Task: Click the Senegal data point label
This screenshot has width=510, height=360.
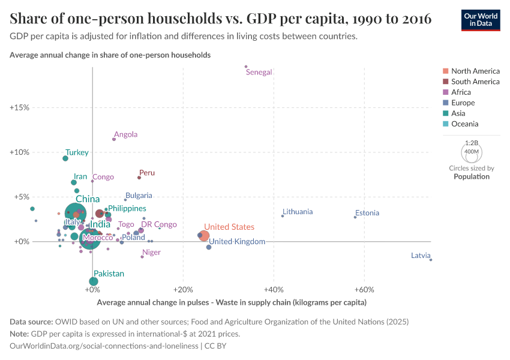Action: pyautogui.click(x=259, y=73)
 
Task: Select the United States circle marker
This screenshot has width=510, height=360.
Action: pyautogui.click(x=204, y=236)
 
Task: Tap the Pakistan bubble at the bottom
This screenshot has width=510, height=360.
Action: pyautogui.click(x=94, y=281)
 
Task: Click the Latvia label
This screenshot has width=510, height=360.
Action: pyautogui.click(x=421, y=256)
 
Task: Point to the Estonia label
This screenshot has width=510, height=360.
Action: pyautogui.click(x=367, y=213)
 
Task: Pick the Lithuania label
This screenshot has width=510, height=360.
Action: pyautogui.click(x=297, y=212)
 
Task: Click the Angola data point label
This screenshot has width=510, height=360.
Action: pyautogui.click(x=125, y=135)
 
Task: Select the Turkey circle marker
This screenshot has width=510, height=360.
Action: pyautogui.click(x=65, y=158)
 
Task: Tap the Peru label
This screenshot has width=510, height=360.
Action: pyautogui.click(x=147, y=173)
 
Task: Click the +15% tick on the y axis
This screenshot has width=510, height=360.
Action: pyautogui.click(x=19, y=108)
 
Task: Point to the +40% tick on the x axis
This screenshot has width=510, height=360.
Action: pyautogui.click(x=274, y=289)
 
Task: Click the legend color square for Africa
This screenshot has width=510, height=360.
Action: pyautogui.click(x=445, y=92)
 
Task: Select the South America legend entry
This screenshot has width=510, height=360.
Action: pyautogui.click(x=475, y=82)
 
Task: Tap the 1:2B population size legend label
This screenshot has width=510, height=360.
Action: pyautogui.click(x=472, y=143)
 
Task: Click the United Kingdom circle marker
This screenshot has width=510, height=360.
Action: pyautogui.click(x=209, y=247)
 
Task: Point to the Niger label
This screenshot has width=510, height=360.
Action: pyautogui.click(x=151, y=253)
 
